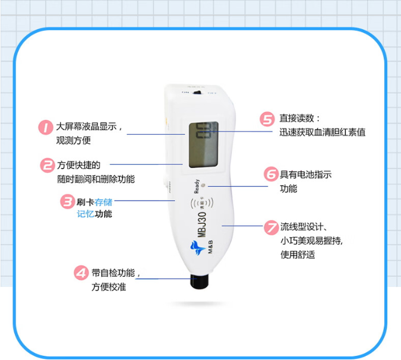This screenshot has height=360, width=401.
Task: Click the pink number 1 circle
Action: [46, 127]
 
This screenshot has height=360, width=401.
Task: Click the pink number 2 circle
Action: [48, 165]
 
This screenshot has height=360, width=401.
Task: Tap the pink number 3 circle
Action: [68, 202]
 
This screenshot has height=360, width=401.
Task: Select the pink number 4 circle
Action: [81, 273]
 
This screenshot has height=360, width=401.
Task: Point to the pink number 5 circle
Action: [267, 119]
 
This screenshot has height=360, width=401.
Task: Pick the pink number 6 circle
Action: [271, 174]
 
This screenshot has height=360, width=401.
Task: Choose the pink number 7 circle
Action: [271, 228]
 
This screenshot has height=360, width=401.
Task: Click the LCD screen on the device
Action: [204, 145]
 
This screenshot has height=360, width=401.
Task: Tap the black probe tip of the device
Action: [200, 281]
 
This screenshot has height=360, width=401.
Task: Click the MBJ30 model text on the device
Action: [202, 225]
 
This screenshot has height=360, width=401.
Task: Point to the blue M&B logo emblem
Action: [197, 247]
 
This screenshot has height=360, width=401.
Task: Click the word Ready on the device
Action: [197, 186]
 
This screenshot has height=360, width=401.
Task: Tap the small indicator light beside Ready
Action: [203, 185]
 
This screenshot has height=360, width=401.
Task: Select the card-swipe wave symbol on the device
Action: [202, 203]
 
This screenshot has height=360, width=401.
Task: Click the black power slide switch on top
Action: [197, 93]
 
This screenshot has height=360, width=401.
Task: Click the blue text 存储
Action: [103, 202]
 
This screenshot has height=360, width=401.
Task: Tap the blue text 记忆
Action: [86, 214]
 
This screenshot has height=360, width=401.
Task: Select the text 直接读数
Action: [296, 118]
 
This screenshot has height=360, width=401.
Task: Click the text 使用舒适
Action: [298, 255]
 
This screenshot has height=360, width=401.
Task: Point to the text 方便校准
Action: [109, 287]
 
